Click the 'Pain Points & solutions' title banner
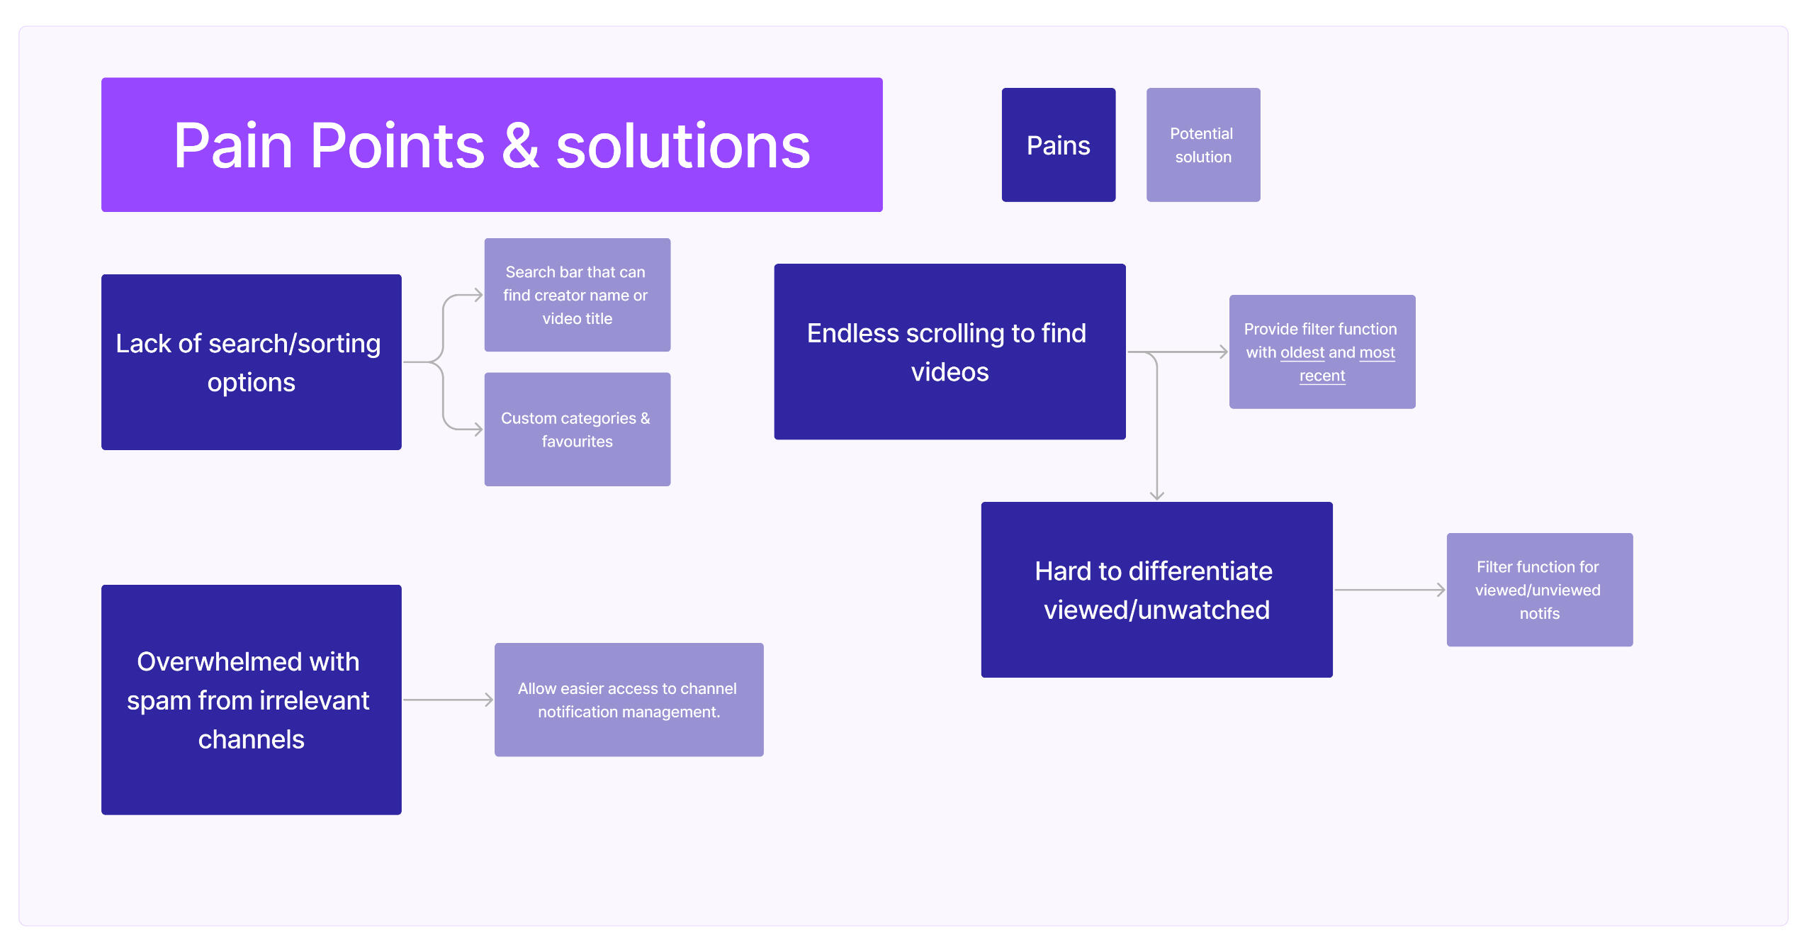(492, 145)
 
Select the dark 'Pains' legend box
(1058, 145)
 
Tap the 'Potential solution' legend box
(1202, 145)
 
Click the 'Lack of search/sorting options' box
(251, 362)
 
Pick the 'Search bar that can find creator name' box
(577, 294)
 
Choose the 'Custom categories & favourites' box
(577, 429)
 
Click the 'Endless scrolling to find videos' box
(949, 352)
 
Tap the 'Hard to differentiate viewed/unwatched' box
(1156, 589)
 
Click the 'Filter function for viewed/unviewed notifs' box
(1539, 589)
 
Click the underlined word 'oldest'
(1302, 352)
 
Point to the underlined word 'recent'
(1322, 376)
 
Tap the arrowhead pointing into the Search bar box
(478, 295)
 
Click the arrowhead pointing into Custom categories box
(478, 429)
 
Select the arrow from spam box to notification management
(448, 700)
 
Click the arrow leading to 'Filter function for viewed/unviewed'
(1389, 589)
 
